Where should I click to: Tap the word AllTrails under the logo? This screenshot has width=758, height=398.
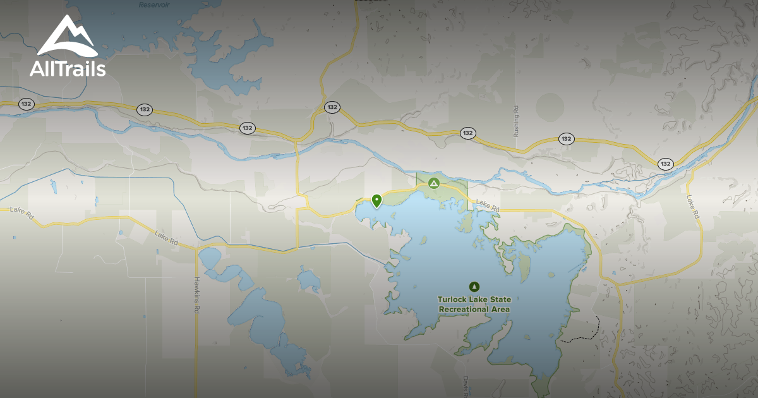point(68,68)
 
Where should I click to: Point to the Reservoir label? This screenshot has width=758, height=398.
point(154,4)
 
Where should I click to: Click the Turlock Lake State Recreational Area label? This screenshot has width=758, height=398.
point(474,305)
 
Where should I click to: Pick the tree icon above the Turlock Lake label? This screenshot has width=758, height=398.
point(474,286)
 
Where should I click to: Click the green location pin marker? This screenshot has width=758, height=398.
point(377,201)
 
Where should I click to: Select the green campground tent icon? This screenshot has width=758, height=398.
point(433,184)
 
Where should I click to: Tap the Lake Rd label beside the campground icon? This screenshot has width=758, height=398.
point(488,205)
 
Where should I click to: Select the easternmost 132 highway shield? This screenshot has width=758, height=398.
point(665,164)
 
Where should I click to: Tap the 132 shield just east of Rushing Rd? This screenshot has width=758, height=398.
point(566,139)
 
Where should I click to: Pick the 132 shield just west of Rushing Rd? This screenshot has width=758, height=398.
point(467,133)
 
